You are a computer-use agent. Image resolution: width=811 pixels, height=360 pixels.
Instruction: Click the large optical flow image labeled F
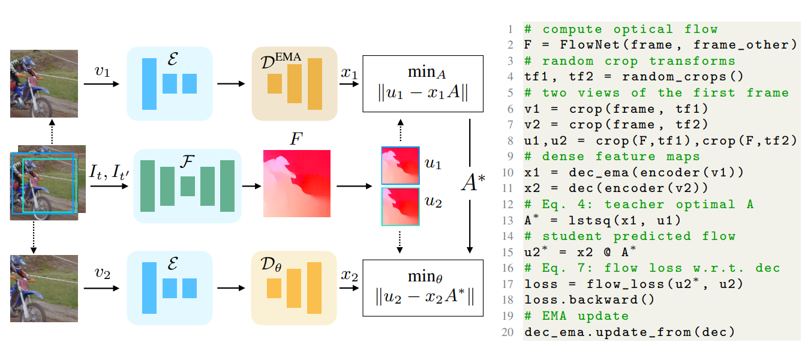290,183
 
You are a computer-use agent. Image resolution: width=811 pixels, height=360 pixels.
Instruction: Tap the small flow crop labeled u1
400,164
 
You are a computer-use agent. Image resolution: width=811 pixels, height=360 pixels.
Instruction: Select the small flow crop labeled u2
400,206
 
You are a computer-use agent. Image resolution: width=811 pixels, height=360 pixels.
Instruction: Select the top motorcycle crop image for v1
44,83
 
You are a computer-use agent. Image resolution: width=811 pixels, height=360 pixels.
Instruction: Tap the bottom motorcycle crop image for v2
44,288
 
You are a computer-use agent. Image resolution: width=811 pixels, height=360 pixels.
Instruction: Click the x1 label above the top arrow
349,73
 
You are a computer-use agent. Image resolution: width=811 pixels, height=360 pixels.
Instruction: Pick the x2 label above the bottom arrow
349,277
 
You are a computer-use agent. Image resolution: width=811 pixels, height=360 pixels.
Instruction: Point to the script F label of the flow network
187,161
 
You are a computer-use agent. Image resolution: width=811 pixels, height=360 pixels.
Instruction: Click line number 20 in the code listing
510,332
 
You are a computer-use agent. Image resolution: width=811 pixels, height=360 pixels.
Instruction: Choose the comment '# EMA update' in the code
568,316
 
